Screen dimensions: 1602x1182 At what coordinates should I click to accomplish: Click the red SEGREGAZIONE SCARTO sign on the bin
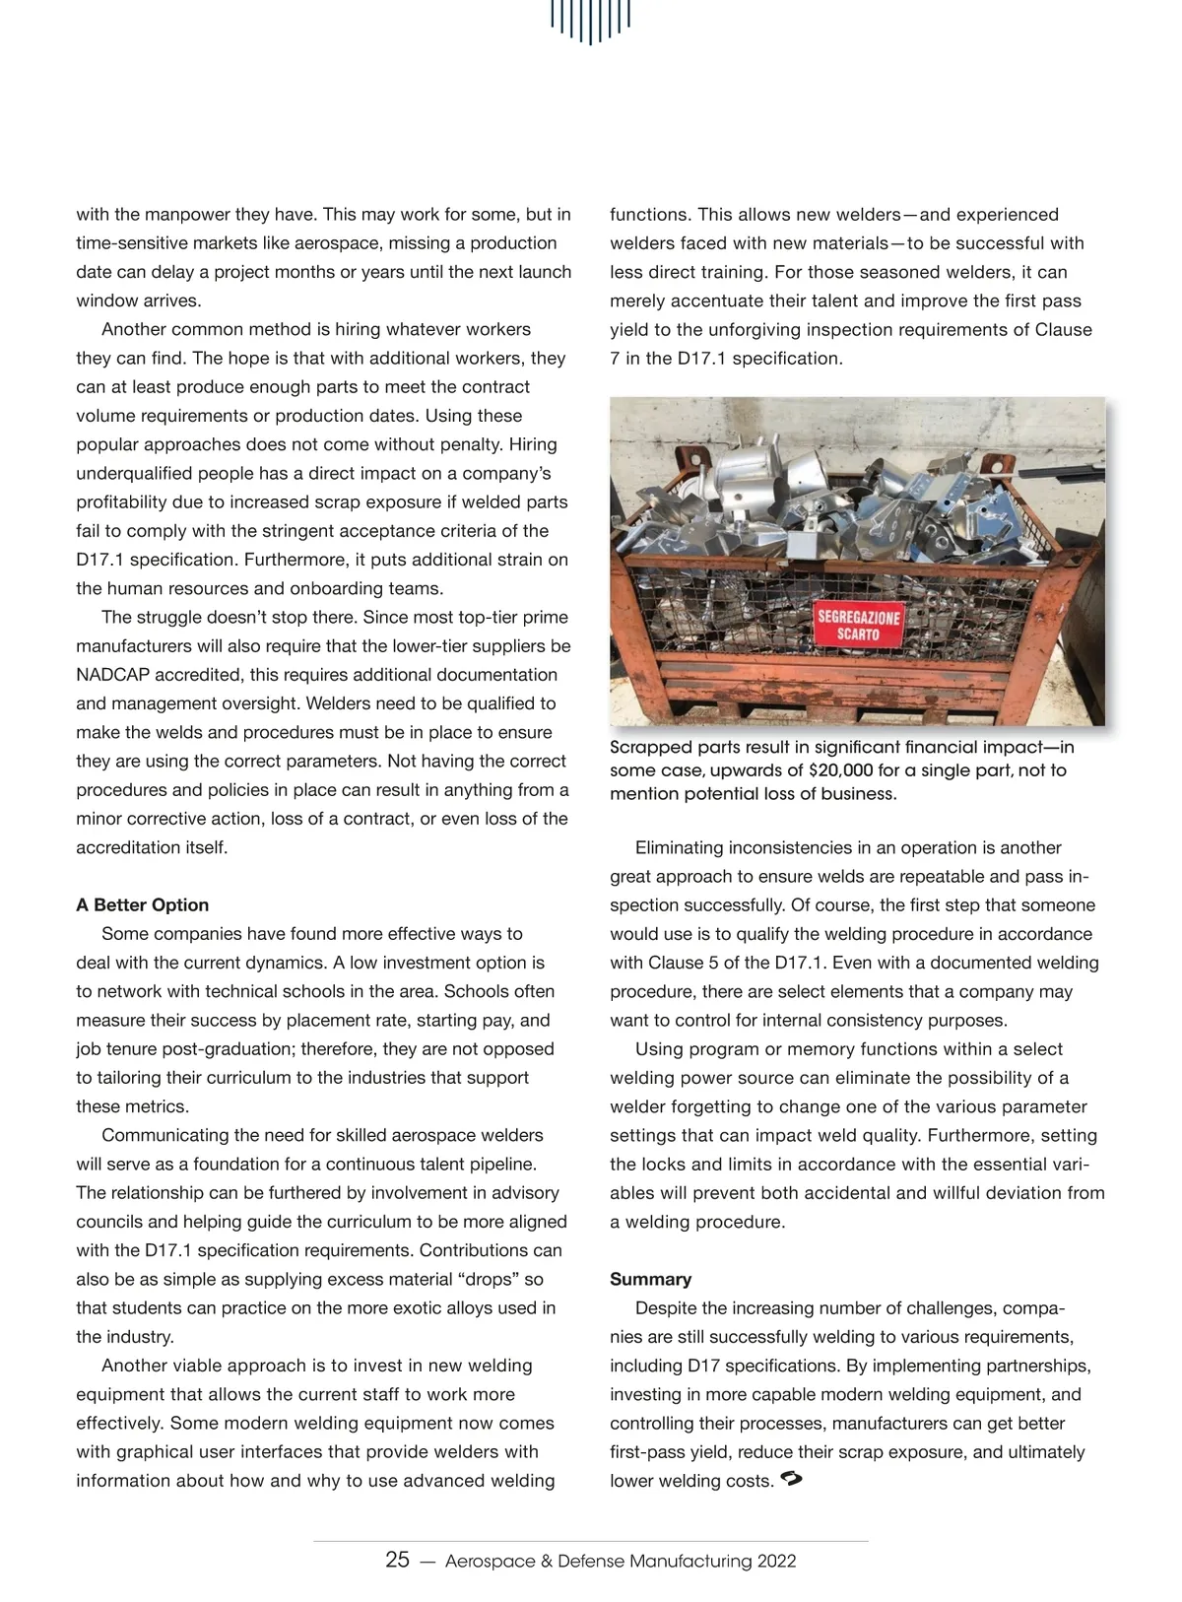pos(858,626)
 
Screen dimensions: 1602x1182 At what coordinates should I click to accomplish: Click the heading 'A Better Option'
pos(143,904)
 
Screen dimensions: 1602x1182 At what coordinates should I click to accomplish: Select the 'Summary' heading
pos(650,1279)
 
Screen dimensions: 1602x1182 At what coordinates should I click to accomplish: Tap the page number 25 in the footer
pos(397,1560)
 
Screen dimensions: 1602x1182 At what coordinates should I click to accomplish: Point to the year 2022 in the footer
pos(776,1561)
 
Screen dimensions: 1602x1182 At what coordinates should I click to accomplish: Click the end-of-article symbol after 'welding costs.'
pos(791,1478)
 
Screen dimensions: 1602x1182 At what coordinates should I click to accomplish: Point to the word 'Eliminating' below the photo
pos(683,847)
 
